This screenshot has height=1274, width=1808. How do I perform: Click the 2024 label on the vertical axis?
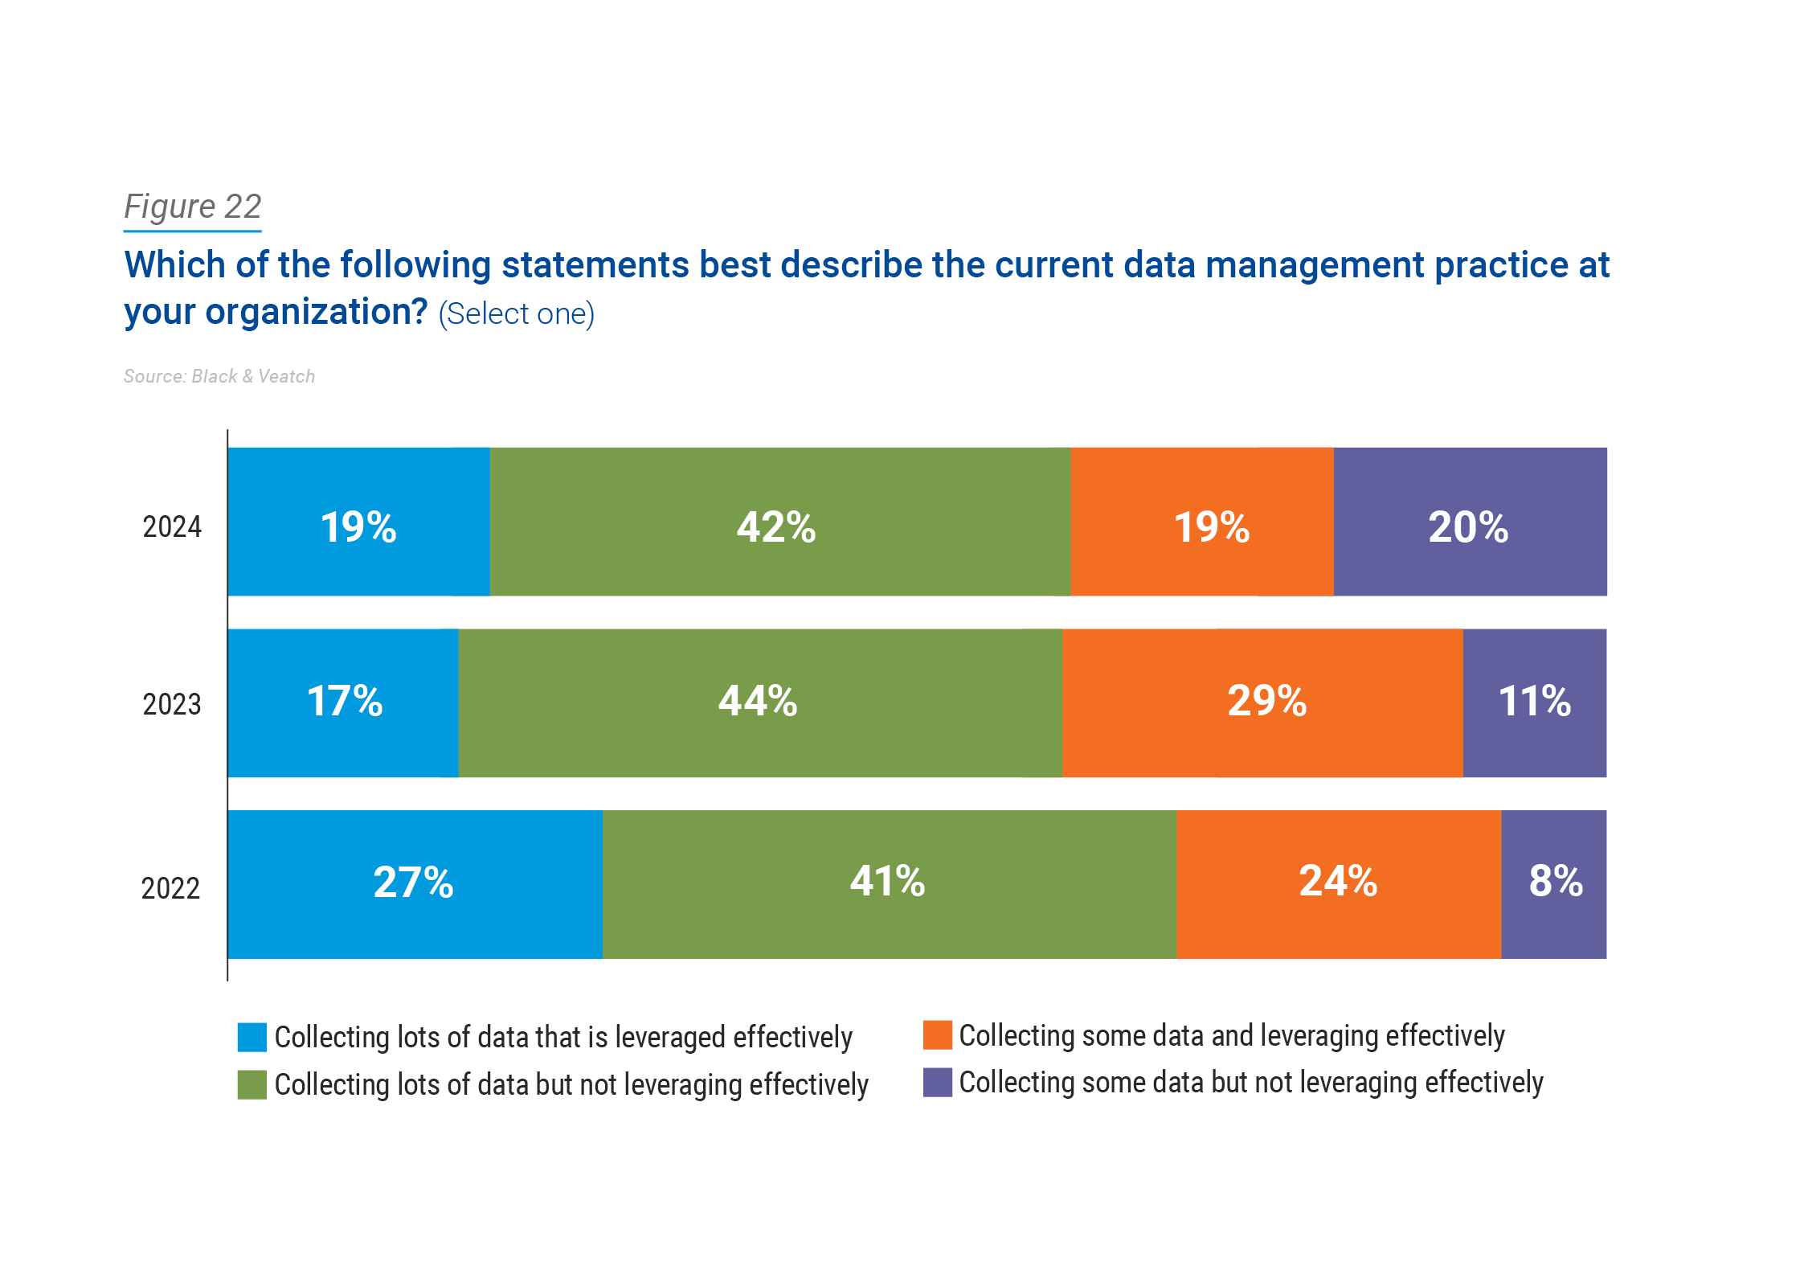(172, 526)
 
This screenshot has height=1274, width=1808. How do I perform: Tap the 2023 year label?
(172, 704)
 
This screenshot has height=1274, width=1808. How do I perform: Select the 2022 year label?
(170, 888)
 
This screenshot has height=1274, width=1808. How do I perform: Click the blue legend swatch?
(252, 1037)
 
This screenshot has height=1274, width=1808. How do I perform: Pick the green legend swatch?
(252, 1084)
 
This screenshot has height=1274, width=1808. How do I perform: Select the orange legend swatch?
(937, 1035)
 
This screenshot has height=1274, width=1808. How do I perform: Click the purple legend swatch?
(937, 1082)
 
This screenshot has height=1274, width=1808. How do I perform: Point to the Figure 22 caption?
(193, 207)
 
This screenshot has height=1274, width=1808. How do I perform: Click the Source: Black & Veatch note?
(219, 376)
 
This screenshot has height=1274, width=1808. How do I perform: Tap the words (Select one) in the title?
(517, 313)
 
